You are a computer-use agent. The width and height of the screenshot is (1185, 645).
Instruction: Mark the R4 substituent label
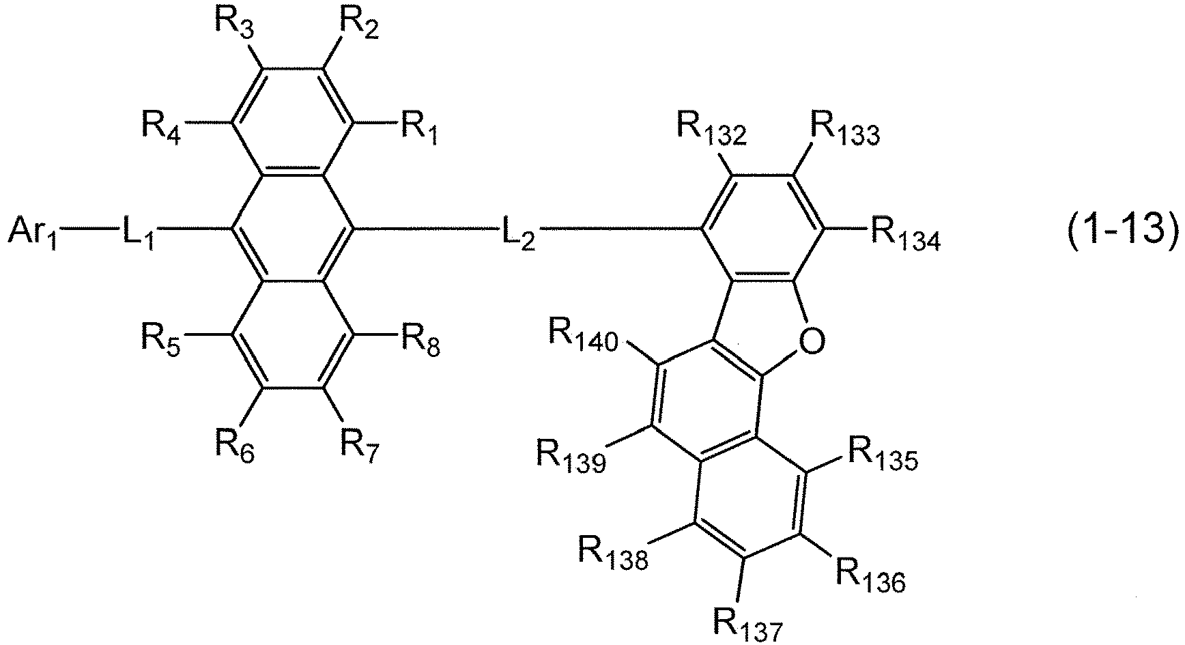161,125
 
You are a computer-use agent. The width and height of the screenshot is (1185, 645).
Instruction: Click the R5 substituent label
161,337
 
